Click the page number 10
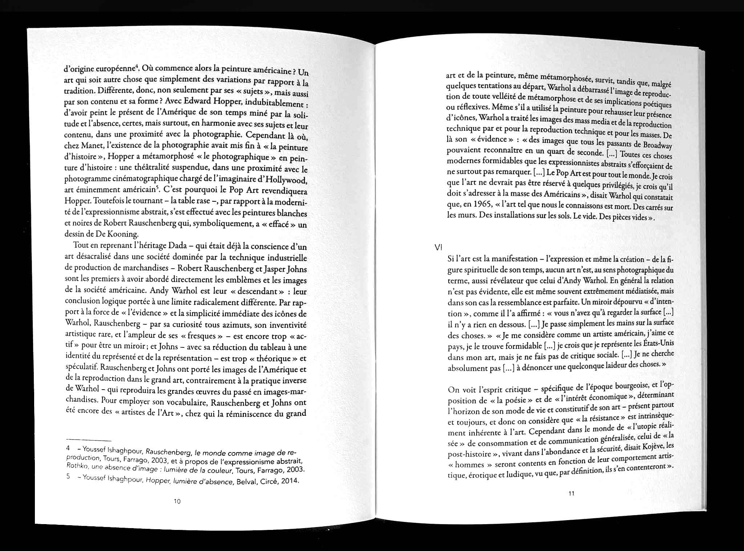click(177, 502)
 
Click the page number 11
click(571, 494)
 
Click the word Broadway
click(655, 146)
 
